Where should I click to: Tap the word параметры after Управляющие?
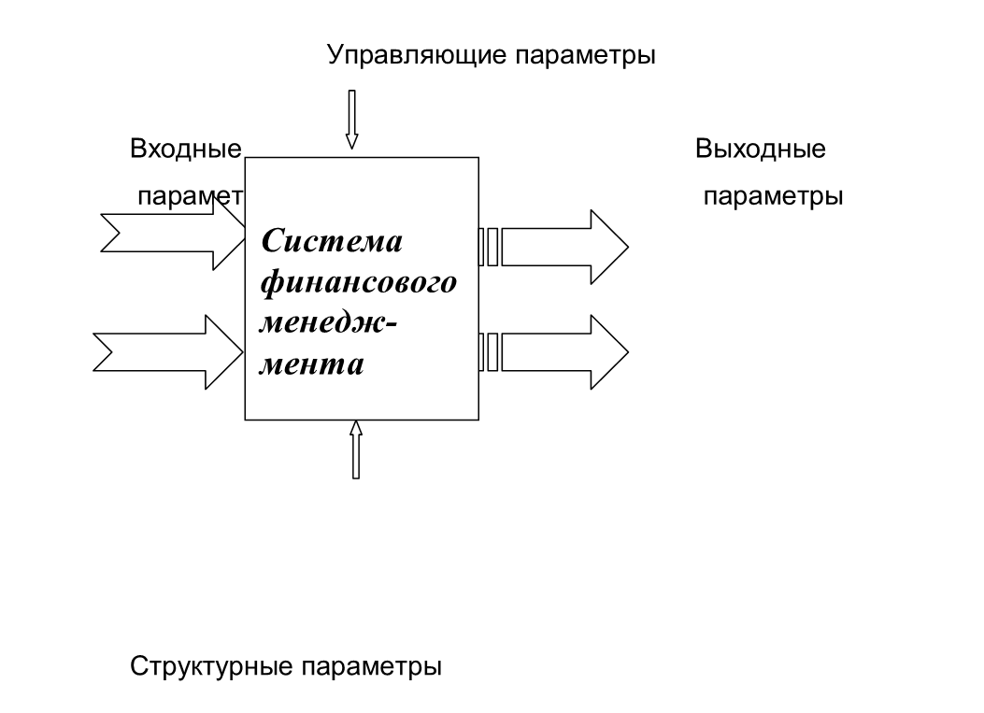tap(586, 55)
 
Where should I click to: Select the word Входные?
tap(186, 149)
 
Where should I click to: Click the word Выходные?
tap(760, 149)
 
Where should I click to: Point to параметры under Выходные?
tap(773, 197)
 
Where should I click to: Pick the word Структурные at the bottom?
tap(211, 667)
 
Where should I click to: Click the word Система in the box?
tap(332, 241)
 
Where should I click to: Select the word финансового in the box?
tap(360, 281)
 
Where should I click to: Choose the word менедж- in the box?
tap(328, 322)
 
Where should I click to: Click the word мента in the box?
tap(311, 364)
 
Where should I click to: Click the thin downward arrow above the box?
tap(352, 119)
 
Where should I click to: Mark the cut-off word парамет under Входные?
tap(190, 197)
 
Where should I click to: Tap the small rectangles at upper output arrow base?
tap(489, 247)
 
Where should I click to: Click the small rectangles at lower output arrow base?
tap(489, 352)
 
